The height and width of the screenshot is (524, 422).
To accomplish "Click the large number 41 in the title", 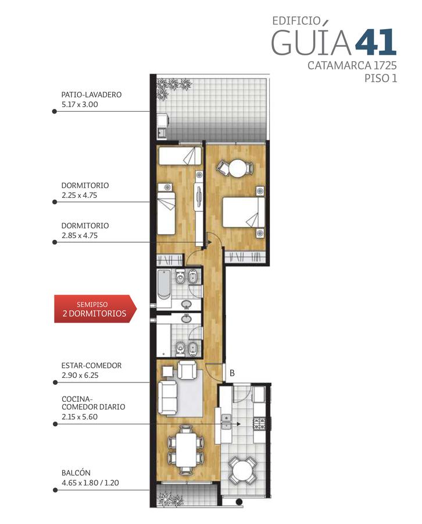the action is click(x=375, y=42).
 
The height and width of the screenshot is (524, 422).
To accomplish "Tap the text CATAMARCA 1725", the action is click(x=352, y=65).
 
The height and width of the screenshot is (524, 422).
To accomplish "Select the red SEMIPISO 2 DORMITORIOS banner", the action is click(x=95, y=309).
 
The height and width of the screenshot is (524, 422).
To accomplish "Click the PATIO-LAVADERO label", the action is click(x=91, y=94).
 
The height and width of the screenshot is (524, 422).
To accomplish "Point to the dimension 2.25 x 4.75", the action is click(x=79, y=195).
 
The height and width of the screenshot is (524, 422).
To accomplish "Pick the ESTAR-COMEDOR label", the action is click(x=91, y=365).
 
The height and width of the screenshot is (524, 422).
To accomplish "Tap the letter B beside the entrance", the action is click(x=232, y=373).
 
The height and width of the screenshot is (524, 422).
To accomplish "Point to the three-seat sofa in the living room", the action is click(x=167, y=397).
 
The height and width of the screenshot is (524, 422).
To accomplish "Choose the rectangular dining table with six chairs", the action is click(x=186, y=449).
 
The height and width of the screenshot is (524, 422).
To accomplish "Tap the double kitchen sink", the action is click(x=227, y=422).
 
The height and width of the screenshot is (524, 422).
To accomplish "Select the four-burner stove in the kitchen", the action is click(x=260, y=423).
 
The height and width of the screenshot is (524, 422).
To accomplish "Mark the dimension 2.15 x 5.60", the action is click(x=80, y=417).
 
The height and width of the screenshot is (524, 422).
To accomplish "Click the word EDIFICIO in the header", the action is click(x=296, y=21).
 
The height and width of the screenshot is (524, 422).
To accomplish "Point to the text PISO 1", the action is click(x=380, y=78).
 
